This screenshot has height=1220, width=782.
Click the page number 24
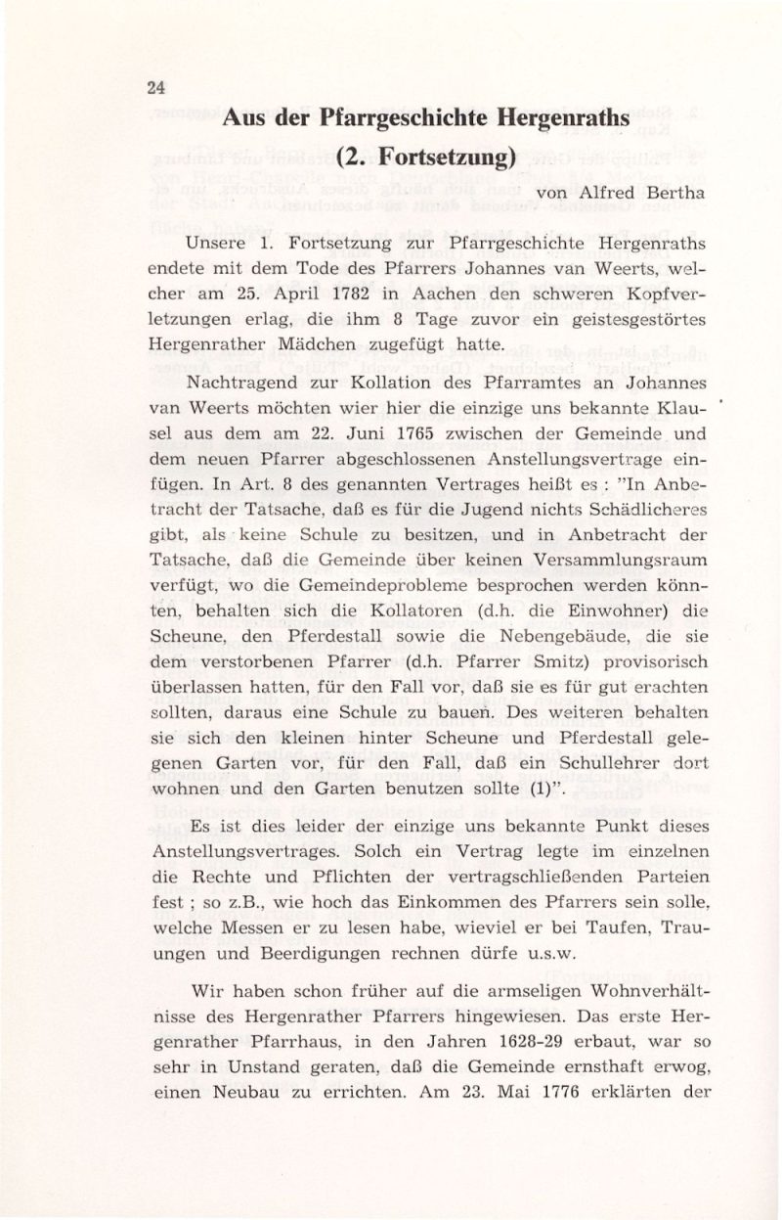coord(155,86)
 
